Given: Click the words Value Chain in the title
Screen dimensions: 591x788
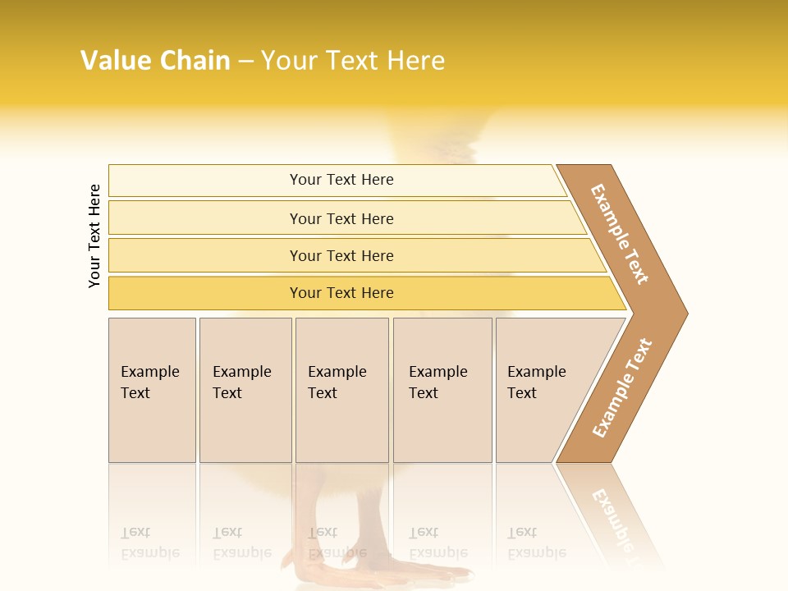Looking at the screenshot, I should pyautogui.click(x=155, y=61).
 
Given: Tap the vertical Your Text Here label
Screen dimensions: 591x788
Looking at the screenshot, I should pyautogui.click(x=94, y=236).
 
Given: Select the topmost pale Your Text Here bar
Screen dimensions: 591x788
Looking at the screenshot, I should pyautogui.click(x=341, y=180).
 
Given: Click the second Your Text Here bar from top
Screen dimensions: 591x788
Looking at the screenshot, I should pyautogui.click(x=341, y=218).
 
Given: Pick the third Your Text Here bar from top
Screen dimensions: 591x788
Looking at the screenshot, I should pyautogui.click(x=341, y=255).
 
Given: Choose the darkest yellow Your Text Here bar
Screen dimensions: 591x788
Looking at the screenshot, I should pyautogui.click(x=341, y=293).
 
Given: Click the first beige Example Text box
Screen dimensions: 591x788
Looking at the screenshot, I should pyautogui.click(x=152, y=390).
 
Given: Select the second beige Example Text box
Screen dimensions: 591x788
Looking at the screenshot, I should pyautogui.click(x=245, y=390).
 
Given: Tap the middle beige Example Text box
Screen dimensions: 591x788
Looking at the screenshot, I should pyautogui.click(x=341, y=390).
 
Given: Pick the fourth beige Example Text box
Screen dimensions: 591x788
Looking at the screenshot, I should pyautogui.click(x=442, y=390).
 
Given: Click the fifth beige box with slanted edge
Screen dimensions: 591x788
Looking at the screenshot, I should pyautogui.click(x=542, y=390).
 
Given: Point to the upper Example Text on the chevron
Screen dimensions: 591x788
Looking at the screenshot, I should pyautogui.click(x=621, y=234).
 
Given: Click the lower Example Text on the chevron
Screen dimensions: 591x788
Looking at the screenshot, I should pyautogui.click(x=622, y=387).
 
